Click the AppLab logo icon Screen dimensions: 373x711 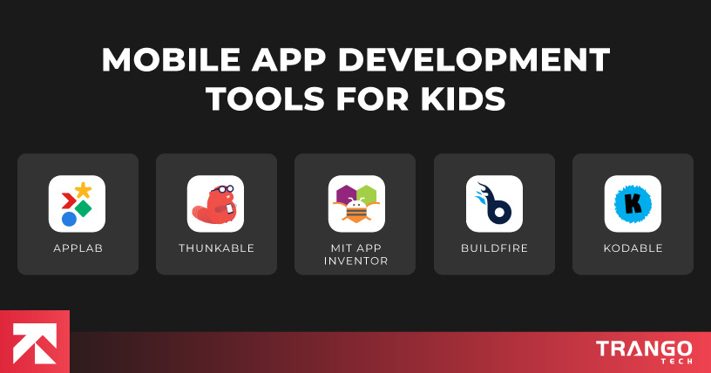pyautogui.click(x=77, y=204)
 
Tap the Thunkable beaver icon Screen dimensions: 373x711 pyautogui.click(x=215, y=204)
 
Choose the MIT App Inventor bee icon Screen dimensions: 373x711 pyautogui.click(x=355, y=204)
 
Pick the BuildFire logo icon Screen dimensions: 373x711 pyautogui.click(x=493, y=204)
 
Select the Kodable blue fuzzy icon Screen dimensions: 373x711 pyautogui.click(x=632, y=204)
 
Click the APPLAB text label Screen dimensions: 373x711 pyautogui.click(x=77, y=248)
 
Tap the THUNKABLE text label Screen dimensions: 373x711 pyautogui.click(x=216, y=248)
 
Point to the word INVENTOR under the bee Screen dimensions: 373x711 pyautogui.click(x=355, y=261)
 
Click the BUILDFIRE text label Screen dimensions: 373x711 pyautogui.click(x=494, y=248)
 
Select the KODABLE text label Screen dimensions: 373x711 pyautogui.click(x=633, y=248)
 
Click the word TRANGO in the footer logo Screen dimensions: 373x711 pyautogui.click(x=644, y=349)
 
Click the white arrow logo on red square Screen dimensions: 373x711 pyautogui.click(x=34, y=341)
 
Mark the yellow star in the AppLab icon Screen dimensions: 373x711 pyautogui.click(x=83, y=190)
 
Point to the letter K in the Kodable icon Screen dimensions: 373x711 pyautogui.click(x=632, y=205)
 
